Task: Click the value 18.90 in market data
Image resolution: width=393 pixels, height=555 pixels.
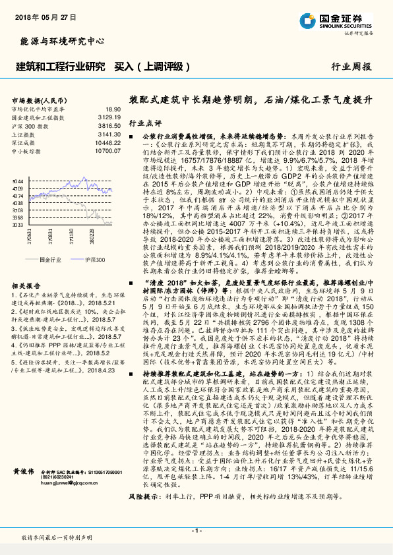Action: coord(113,108)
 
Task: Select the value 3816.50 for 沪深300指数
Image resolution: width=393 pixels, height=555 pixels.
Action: coord(109,124)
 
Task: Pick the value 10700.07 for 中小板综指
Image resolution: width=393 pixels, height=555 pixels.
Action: coord(107,150)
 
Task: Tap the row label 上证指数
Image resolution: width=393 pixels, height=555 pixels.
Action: coord(25,132)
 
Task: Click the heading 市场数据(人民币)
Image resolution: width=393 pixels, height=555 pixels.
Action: coord(38,100)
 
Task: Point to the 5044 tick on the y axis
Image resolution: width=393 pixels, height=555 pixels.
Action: coord(18,180)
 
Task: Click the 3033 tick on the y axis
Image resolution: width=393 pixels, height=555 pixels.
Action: coord(18,225)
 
